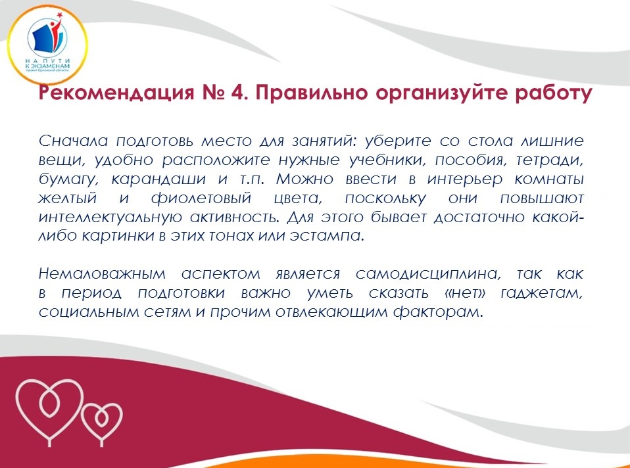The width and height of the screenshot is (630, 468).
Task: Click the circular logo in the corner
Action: [47, 45]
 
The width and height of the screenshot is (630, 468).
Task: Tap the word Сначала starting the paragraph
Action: [74, 141]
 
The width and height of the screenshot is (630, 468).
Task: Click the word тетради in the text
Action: [549, 160]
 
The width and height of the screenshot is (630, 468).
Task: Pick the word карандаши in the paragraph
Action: [158, 179]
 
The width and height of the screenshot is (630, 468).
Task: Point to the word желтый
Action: [68, 198]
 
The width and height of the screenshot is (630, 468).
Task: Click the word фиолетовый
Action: [201, 198]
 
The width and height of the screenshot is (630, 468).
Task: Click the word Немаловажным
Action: [102, 274]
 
